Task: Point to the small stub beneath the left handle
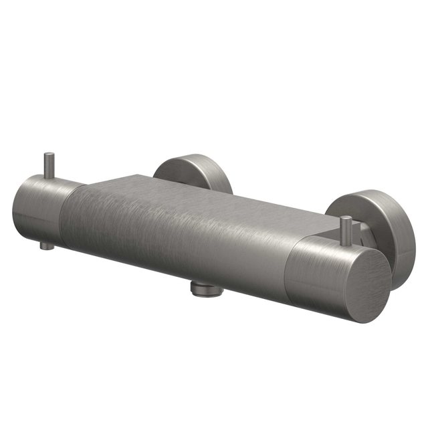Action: pos(45,245)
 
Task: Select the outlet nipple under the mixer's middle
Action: pos(205,288)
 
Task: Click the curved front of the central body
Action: pos(181,241)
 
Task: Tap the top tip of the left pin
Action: pos(49,156)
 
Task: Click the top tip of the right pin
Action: pos(346,219)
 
